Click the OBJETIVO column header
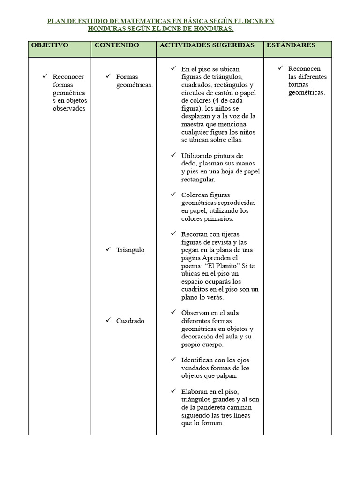click(49, 45)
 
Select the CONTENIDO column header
click(117, 45)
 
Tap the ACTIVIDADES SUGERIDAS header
click(207, 45)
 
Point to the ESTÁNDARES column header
click(291, 45)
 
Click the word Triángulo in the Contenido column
click(130, 250)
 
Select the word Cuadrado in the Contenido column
click(130, 321)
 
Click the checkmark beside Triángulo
click(108, 249)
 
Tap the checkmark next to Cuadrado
click(108, 320)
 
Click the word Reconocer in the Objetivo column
click(68, 77)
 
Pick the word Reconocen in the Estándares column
click(304, 69)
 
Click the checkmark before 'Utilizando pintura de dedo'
click(173, 155)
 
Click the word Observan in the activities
click(195, 313)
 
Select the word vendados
click(196, 368)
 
